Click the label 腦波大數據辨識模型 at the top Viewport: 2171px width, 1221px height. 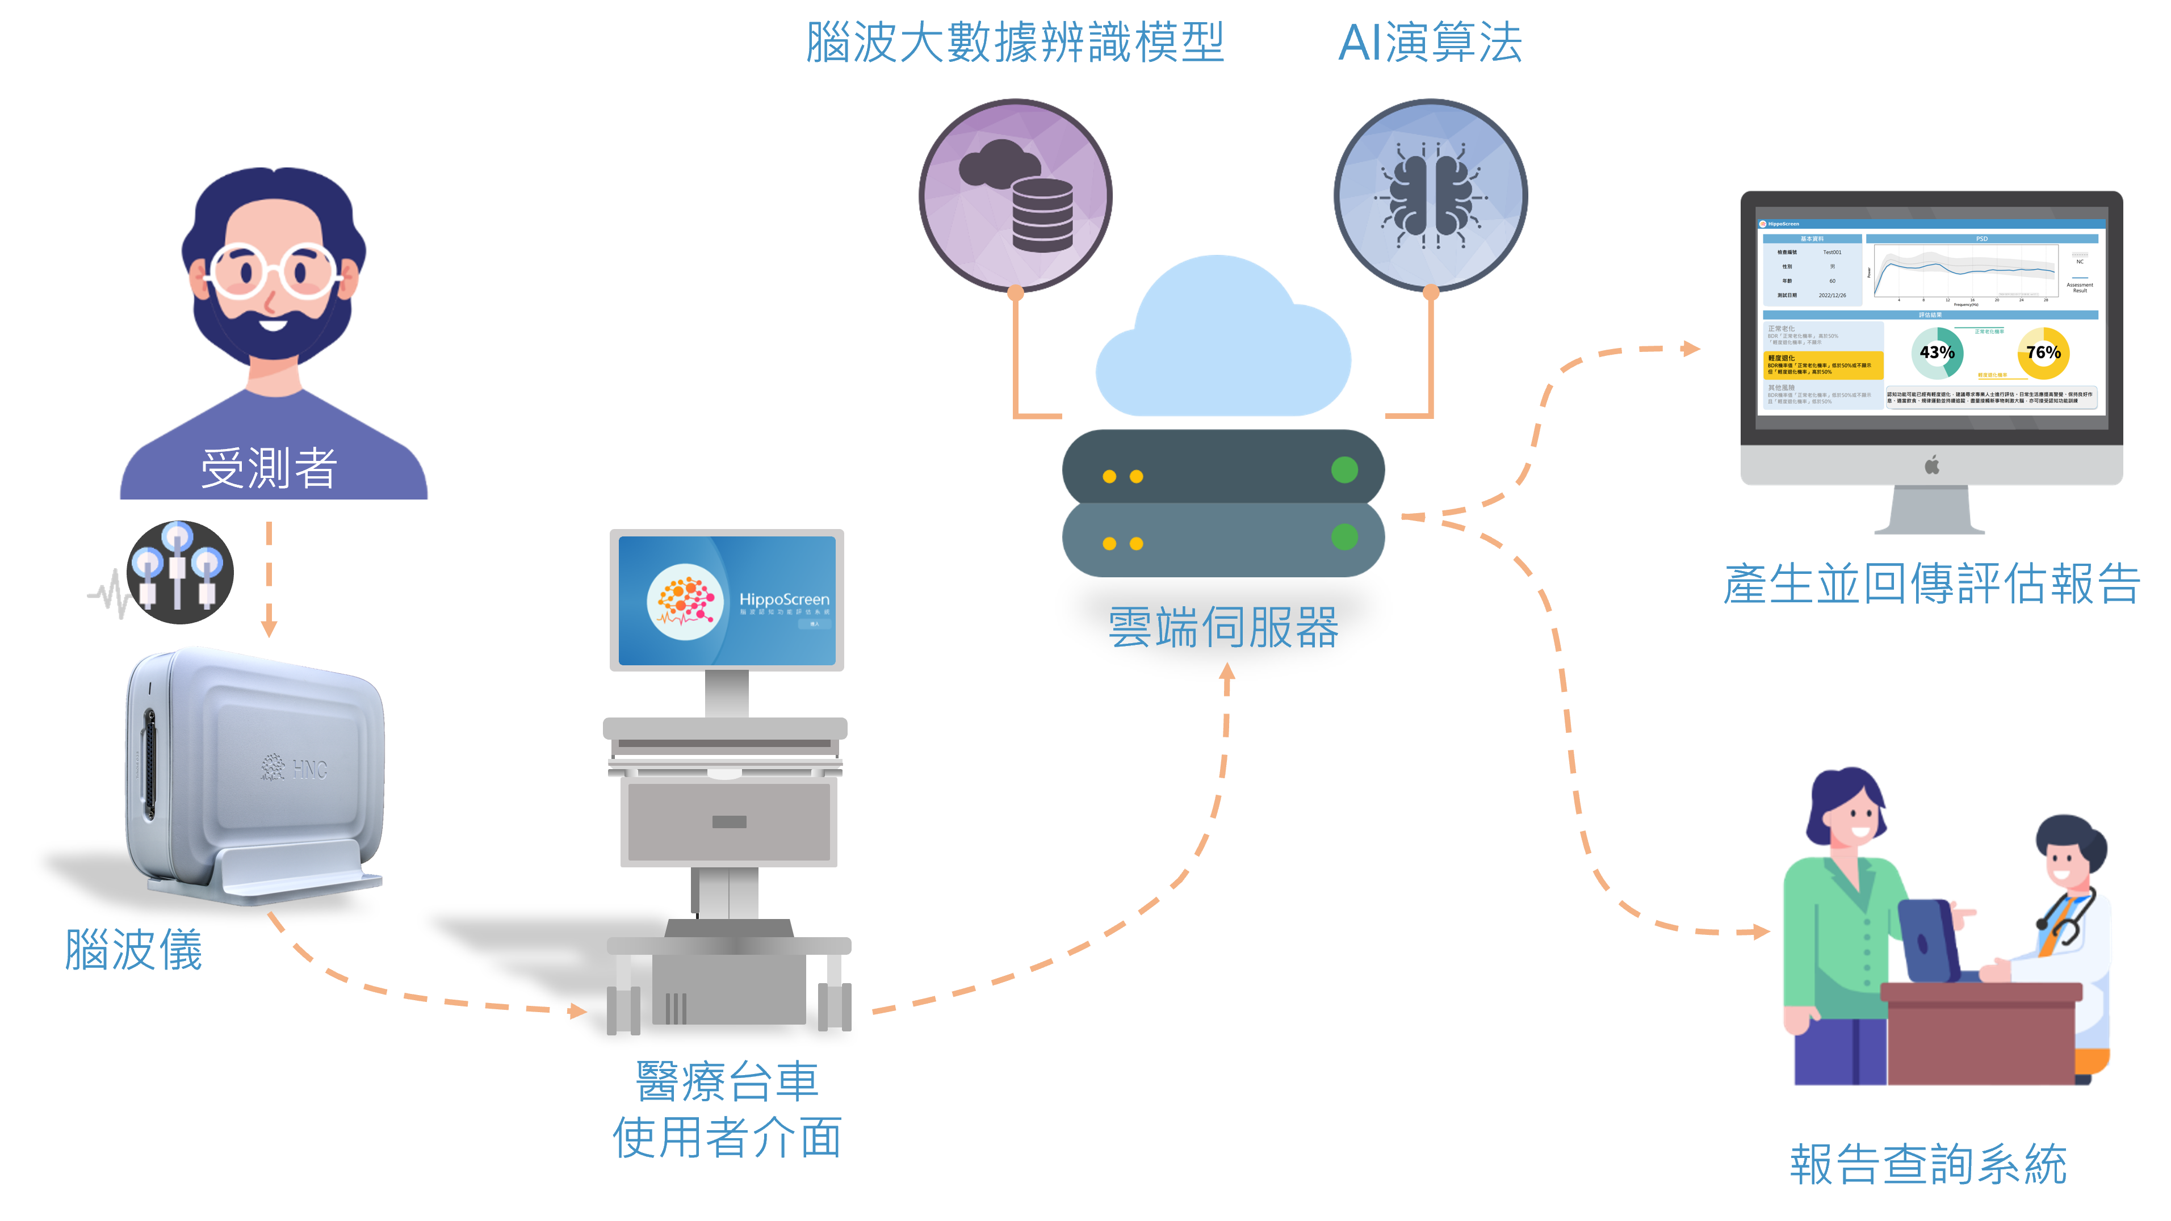pyautogui.click(x=1015, y=42)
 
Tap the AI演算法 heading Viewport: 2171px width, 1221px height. pyautogui.click(x=1430, y=42)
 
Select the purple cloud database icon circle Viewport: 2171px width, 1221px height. pyautogui.click(x=1016, y=195)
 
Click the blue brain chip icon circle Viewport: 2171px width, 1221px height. pyautogui.click(x=1430, y=195)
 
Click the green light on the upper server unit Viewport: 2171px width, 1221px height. pyautogui.click(x=1344, y=469)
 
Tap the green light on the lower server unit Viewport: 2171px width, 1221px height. pyautogui.click(x=1344, y=537)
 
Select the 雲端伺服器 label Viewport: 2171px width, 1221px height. pyautogui.click(x=1223, y=628)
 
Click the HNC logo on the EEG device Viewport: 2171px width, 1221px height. pyautogui.click(x=295, y=767)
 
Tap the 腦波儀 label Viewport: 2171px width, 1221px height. pyautogui.click(x=134, y=950)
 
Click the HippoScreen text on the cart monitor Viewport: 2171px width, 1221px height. pyautogui.click(x=784, y=599)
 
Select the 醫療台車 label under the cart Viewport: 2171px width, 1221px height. pyautogui.click(x=727, y=1081)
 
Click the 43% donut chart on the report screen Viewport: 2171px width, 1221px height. pyautogui.click(x=1937, y=353)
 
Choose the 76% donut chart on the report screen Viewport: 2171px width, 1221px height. pyautogui.click(x=2043, y=353)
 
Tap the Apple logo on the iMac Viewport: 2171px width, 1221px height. pyautogui.click(x=1931, y=464)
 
